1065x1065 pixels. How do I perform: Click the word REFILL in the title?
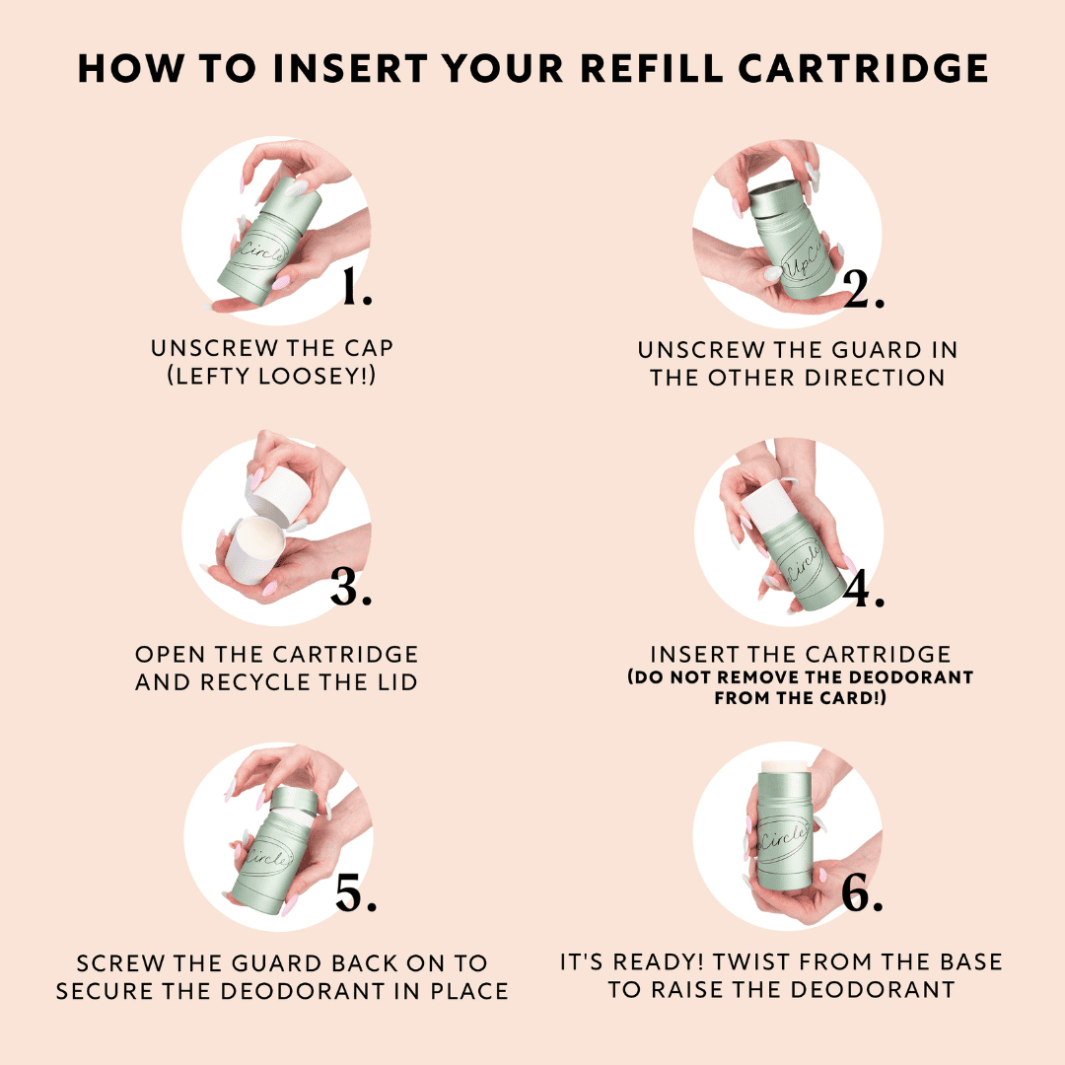pos(656,70)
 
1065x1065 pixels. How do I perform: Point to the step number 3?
pos(350,588)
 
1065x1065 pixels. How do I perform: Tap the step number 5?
pos(356,892)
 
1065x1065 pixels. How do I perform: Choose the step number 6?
pos(862,892)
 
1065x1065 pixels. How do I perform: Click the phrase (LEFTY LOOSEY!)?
pos(271,377)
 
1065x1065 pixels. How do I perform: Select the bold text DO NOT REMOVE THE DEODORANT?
pos(800,677)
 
